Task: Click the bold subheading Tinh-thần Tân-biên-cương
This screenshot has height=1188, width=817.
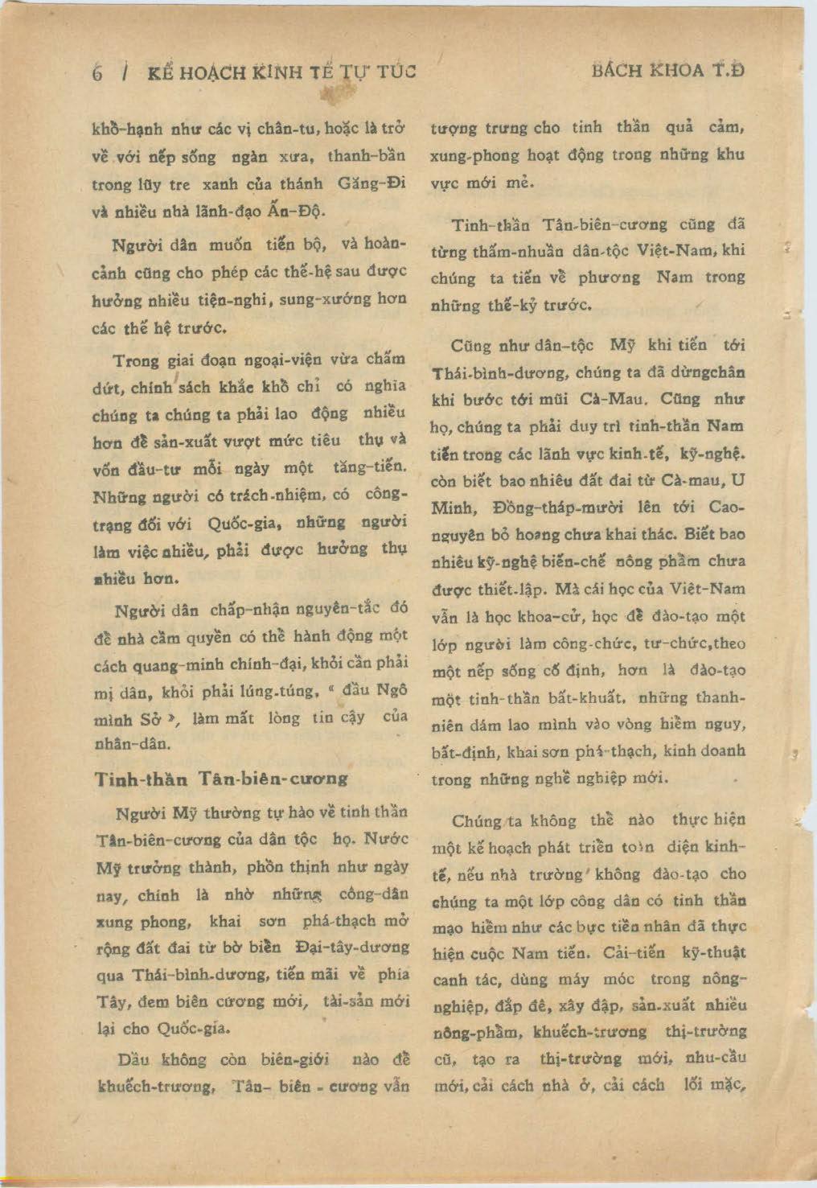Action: [221, 779]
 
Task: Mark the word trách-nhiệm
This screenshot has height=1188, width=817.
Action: [288, 495]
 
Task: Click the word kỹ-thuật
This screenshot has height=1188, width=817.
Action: [713, 952]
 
